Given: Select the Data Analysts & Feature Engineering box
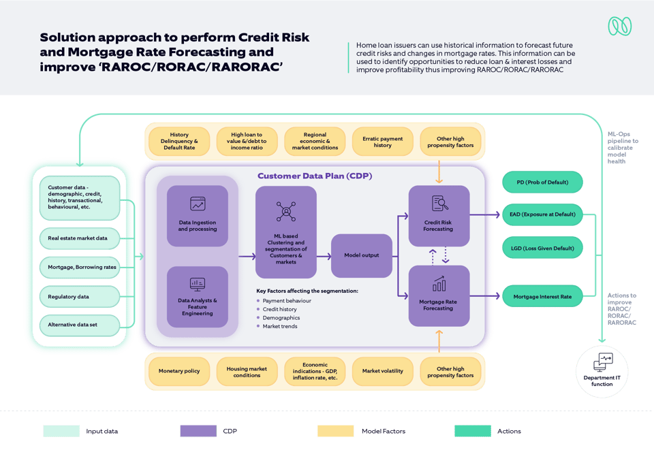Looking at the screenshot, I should pyautogui.click(x=198, y=297).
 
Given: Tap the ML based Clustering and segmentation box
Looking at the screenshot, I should pyautogui.click(x=286, y=232).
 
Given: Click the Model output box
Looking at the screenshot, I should pyautogui.click(x=361, y=255).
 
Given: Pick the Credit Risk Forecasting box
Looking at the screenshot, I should pyautogui.click(x=438, y=216).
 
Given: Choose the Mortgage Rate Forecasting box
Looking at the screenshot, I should pyautogui.click(x=438, y=295).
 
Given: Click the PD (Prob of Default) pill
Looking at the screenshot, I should pyautogui.click(x=542, y=182).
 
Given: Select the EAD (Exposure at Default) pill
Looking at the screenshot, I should pyautogui.click(x=542, y=214).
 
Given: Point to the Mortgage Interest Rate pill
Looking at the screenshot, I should pyautogui.click(x=542, y=296).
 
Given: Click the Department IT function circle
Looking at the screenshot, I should pyautogui.click(x=602, y=371).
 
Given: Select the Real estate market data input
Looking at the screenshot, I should pyautogui.click(x=79, y=238).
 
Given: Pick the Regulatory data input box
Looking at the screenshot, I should pyautogui.click(x=79, y=297).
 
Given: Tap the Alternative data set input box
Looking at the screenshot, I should pyautogui.click(x=79, y=325).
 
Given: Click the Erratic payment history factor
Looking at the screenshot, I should pyautogui.click(x=382, y=142).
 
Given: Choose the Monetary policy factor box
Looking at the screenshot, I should pyautogui.click(x=179, y=371).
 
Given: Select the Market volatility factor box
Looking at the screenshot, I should pyautogui.click(x=382, y=371).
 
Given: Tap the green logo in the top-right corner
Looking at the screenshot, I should pyautogui.click(x=619, y=26).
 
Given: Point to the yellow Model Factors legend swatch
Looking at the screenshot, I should pyautogui.click(x=335, y=431).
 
